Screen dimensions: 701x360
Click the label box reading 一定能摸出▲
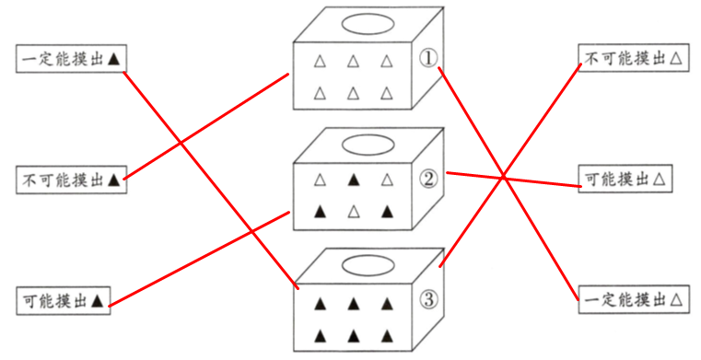tap(72, 59)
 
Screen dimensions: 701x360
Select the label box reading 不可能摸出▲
tap(72, 180)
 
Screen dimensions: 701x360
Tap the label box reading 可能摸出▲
tap(64, 301)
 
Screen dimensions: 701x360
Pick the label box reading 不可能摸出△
tap(634, 58)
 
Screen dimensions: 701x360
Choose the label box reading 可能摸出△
tap(625, 179)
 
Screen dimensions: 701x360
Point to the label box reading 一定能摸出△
tap(634, 299)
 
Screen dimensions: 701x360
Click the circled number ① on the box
tap(428, 58)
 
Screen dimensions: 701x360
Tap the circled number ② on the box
tap(428, 179)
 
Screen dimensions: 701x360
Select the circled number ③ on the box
tap(428, 299)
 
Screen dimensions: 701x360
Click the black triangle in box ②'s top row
tap(354, 180)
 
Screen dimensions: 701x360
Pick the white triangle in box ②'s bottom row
tap(354, 211)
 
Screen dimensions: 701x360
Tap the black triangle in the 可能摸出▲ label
tap(97, 301)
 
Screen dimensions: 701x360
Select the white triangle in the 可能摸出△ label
tap(659, 180)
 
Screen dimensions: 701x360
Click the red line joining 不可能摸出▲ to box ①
tap(206, 127)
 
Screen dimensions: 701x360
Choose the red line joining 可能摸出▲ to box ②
tap(199, 259)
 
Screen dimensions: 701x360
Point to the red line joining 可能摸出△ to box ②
tap(514, 180)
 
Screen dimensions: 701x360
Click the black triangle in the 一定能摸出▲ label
tap(114, 59)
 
